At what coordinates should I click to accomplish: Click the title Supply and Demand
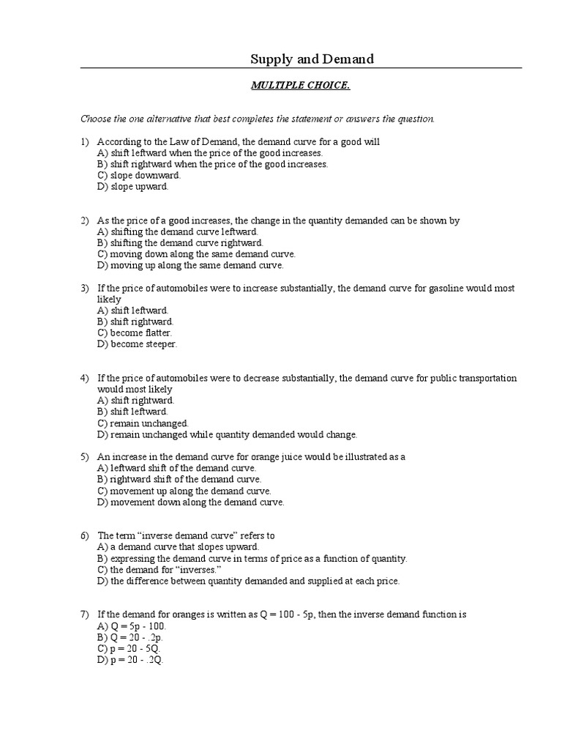tap(312, 59)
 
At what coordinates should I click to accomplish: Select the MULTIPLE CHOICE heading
tap(300, 86)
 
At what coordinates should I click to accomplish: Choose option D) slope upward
tap(132, 187)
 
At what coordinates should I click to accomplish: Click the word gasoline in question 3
tap(445, 289)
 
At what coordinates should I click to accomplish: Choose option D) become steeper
tap(137, 344)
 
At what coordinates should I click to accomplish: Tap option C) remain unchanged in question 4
tap(143, 423)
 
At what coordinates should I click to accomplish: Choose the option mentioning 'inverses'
tap(159, 569)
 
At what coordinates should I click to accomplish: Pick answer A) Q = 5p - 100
tap(132, 626)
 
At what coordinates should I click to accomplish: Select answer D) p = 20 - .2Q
tap(131, 659)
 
